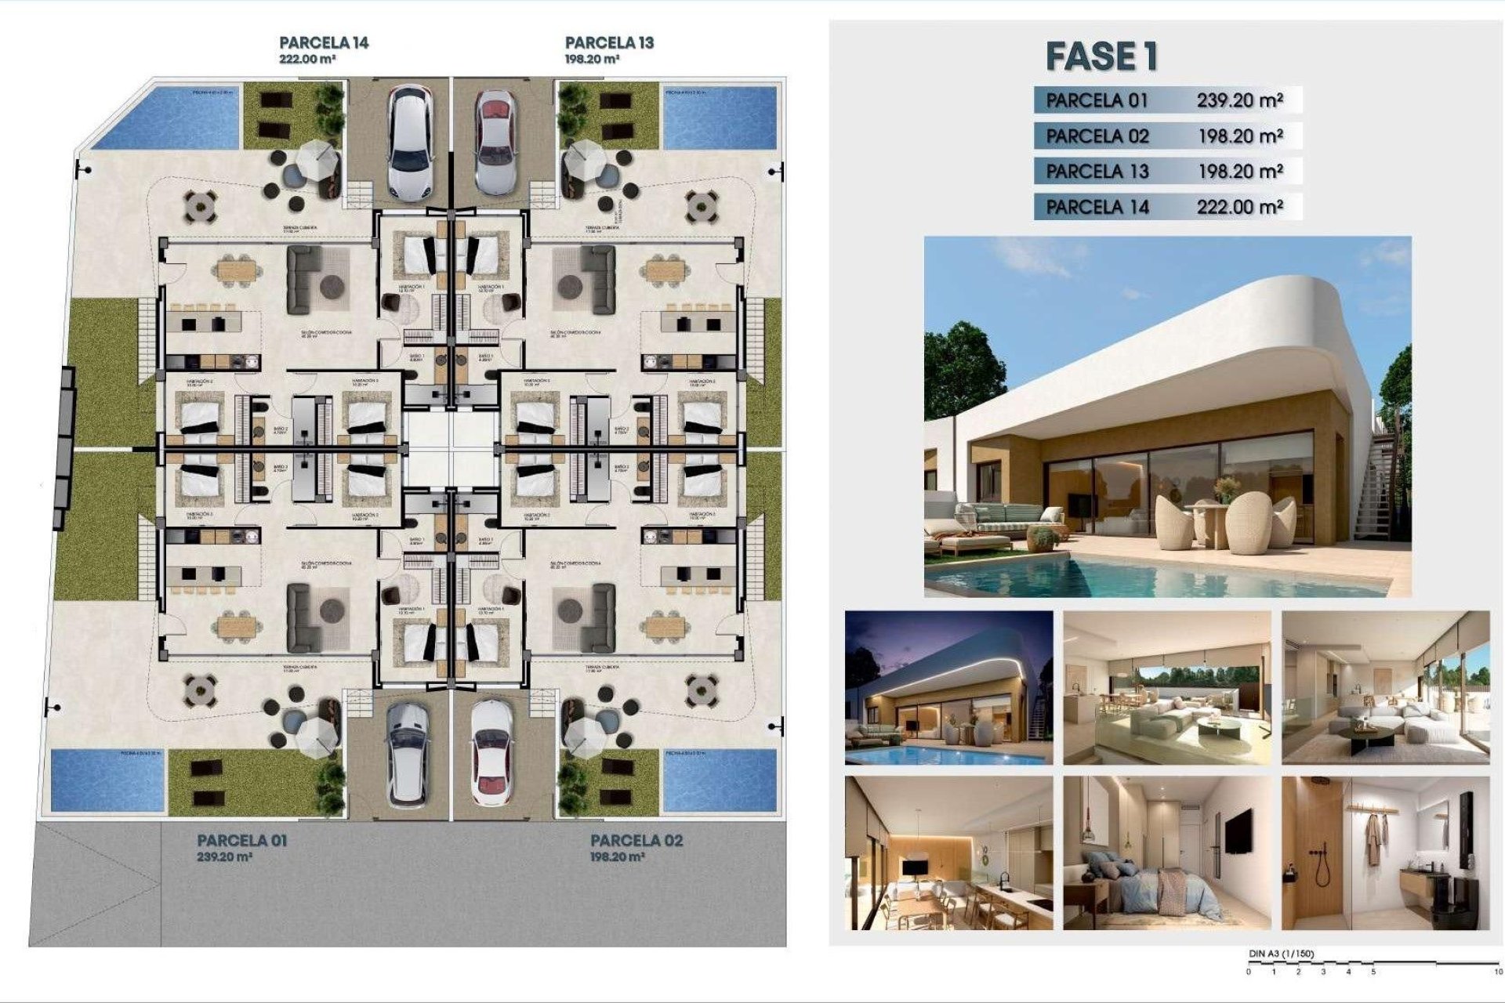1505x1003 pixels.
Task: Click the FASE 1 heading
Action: coord(1101,56)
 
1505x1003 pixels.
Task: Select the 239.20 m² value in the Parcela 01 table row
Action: coord(1239,100)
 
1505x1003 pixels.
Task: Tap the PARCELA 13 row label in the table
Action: coord(1097,172)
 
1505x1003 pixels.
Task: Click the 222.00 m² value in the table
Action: coord(1239,207)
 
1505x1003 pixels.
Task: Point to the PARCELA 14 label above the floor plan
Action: coord(323,43)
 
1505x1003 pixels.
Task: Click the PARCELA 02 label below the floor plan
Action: coord(636,841)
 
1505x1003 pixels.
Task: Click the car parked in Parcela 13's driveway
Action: coord(495,143)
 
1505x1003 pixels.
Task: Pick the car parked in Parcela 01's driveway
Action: coord(408,752)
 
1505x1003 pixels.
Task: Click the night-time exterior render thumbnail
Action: coord(948,688)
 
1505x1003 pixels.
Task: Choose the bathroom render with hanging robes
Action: coord(1385,853)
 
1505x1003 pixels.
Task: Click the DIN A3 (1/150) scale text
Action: coord(1281,954)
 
